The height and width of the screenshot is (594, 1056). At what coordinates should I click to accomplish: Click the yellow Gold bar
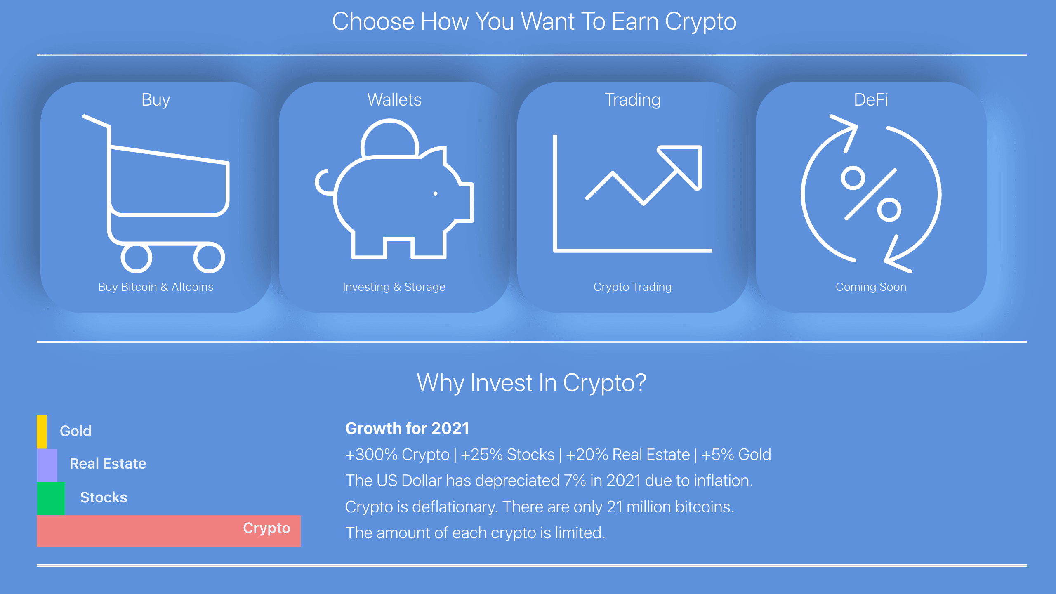click(x=42, y=431)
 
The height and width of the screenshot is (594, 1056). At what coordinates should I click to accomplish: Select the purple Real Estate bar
click(x=47, y=465)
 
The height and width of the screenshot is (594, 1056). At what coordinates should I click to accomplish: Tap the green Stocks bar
click(x=51, y=498)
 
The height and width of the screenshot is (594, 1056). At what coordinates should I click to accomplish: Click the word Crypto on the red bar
click(x=266, y=528)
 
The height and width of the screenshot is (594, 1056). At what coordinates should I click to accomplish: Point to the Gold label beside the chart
click(x=75, y=431)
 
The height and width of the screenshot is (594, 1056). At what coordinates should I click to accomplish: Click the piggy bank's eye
click(x=435, y=193)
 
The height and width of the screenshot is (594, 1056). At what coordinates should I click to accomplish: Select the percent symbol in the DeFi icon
click(x=871, y=194)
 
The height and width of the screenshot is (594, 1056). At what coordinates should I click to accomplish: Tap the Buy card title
click(x=156, y=100)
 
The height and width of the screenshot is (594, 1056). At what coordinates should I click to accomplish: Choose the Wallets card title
click(x=394, y=100)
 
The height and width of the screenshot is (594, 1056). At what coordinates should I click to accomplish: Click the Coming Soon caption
click(x=871, y=287)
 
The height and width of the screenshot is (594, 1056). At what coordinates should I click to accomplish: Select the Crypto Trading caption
click(x=632, y=287)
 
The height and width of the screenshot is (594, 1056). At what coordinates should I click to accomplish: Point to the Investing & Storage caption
click(x=394, y=287)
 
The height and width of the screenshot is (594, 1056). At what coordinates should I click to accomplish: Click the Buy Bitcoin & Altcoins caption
click(x=156, y=287)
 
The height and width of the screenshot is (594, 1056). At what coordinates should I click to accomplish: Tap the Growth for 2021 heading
click(x=407, y=429)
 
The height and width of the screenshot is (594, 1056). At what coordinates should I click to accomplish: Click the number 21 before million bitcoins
click(x=615, y=507)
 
